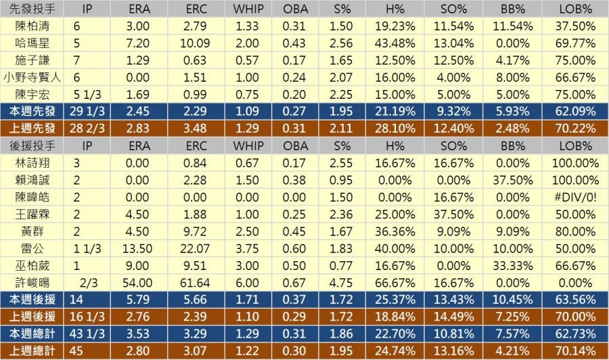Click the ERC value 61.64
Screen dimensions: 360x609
click(196, 281)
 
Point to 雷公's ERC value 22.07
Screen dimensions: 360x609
click(196, 247)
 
